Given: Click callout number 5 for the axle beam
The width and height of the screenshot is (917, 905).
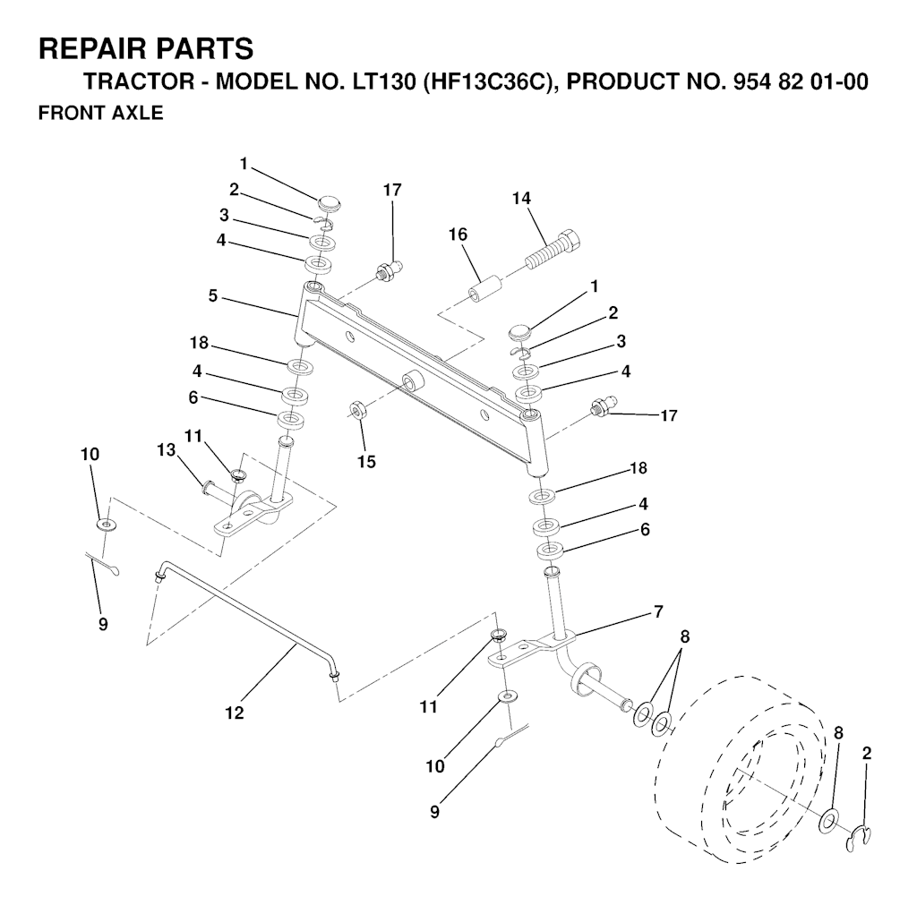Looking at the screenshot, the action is click(213, 296).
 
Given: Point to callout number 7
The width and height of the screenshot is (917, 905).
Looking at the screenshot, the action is click(658, 612).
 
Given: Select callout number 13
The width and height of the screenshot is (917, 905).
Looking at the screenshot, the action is click(167, 450).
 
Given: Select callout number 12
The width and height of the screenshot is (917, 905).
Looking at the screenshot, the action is click(235, 713).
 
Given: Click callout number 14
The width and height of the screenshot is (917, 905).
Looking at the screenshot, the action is click(521, 198).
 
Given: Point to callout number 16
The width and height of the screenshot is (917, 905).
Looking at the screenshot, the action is click(458, 235).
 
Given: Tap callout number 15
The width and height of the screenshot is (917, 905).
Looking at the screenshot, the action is click(366, 461).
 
